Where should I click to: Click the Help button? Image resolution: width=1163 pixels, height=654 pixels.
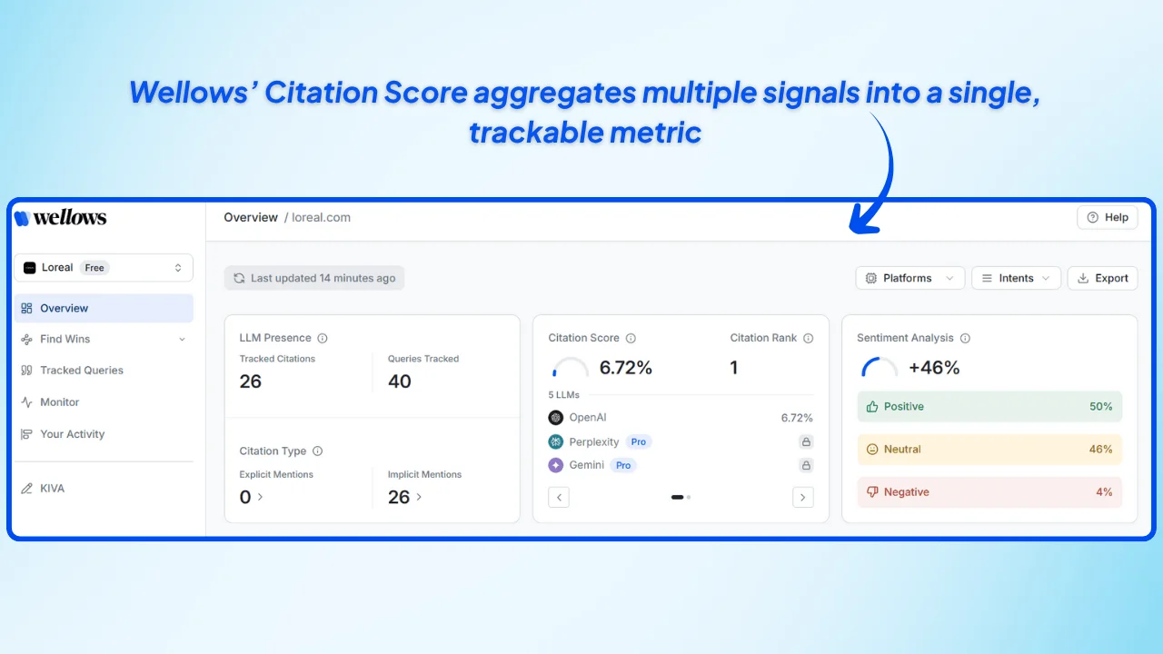point(1107,217)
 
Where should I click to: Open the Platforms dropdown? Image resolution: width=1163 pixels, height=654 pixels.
point(910,278)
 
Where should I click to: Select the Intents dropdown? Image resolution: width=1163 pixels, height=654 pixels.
point(1016,278)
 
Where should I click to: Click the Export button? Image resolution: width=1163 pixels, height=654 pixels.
point(1102,278)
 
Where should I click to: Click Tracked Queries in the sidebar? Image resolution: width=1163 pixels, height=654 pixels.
point(82,371)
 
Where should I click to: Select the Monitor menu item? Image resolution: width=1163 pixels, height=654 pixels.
point(60,402)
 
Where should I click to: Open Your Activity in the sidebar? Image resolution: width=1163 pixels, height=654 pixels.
point(73,434)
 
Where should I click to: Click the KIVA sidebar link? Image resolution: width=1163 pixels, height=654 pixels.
point(52,489)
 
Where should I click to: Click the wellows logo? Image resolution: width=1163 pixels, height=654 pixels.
point(61,218)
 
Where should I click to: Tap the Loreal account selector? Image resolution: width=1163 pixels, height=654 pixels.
point(104,268)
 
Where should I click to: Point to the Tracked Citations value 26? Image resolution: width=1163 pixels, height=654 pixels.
point(251,381)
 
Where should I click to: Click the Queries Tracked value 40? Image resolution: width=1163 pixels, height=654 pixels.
point(400,381)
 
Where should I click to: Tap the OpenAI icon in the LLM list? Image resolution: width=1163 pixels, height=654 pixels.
point(556,418)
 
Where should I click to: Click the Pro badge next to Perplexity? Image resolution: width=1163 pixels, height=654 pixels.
point(639,442)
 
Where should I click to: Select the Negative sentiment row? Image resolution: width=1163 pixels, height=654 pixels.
point(989,492)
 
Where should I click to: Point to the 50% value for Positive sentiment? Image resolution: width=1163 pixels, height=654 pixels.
point(1100,407)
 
